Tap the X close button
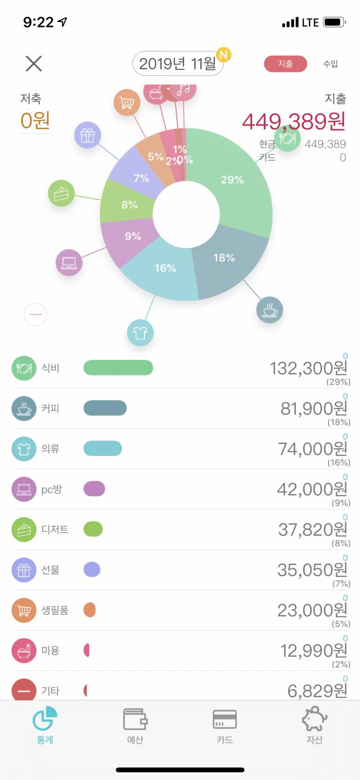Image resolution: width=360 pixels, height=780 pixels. [x=34, y=63]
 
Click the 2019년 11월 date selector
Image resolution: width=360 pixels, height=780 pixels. [x=178, y=63]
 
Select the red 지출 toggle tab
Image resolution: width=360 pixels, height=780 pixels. [x=285, y=63]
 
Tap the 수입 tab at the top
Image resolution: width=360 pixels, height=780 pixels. [x=330, y=63]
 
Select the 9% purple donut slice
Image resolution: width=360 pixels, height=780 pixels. [x=128, y=239]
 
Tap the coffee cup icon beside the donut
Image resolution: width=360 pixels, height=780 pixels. [x=270, y=310]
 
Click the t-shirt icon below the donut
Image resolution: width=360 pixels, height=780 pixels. [x=140, y=333]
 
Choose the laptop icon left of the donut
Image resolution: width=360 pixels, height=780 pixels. [x=69, y=262]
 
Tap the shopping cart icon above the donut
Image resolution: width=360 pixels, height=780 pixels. [x=127, y=103]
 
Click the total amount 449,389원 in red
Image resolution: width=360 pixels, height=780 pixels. [x=294, y=121]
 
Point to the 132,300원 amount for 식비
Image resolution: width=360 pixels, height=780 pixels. [x=308, y=368]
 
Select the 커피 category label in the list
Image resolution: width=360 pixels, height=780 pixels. [x=50, y=408]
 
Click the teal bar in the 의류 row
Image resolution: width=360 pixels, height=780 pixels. [x=103, y=448]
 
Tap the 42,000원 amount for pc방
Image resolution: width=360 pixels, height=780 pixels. [x=312, y=489]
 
